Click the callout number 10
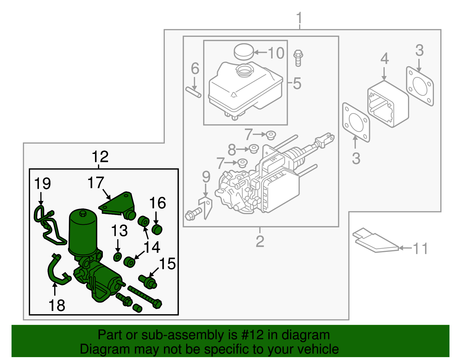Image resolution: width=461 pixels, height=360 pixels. tap(276, 53)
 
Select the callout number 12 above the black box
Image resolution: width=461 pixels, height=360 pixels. tap(100, 157)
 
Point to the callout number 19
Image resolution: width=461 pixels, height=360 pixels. tap(42, 184)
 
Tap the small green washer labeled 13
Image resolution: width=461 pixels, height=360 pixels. tap(117, 257)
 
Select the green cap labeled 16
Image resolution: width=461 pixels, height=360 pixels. tap(157, 229)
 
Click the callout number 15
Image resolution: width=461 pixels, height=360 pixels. tap(167, 264)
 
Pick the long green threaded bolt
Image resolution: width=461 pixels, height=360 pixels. tap(144, 297)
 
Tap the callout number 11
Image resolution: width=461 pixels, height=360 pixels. tap(420, 248)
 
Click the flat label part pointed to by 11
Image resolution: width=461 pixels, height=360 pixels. tap(375, 241)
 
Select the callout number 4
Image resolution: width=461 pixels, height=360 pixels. tap(384, 59)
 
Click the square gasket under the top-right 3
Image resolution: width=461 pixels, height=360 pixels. tap(420, 86)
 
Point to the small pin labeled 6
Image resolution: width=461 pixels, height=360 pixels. tap(193, 92)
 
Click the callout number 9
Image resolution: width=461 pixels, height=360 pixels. tap(206, 177)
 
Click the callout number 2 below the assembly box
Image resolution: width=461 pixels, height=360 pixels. tap(260, 242)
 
